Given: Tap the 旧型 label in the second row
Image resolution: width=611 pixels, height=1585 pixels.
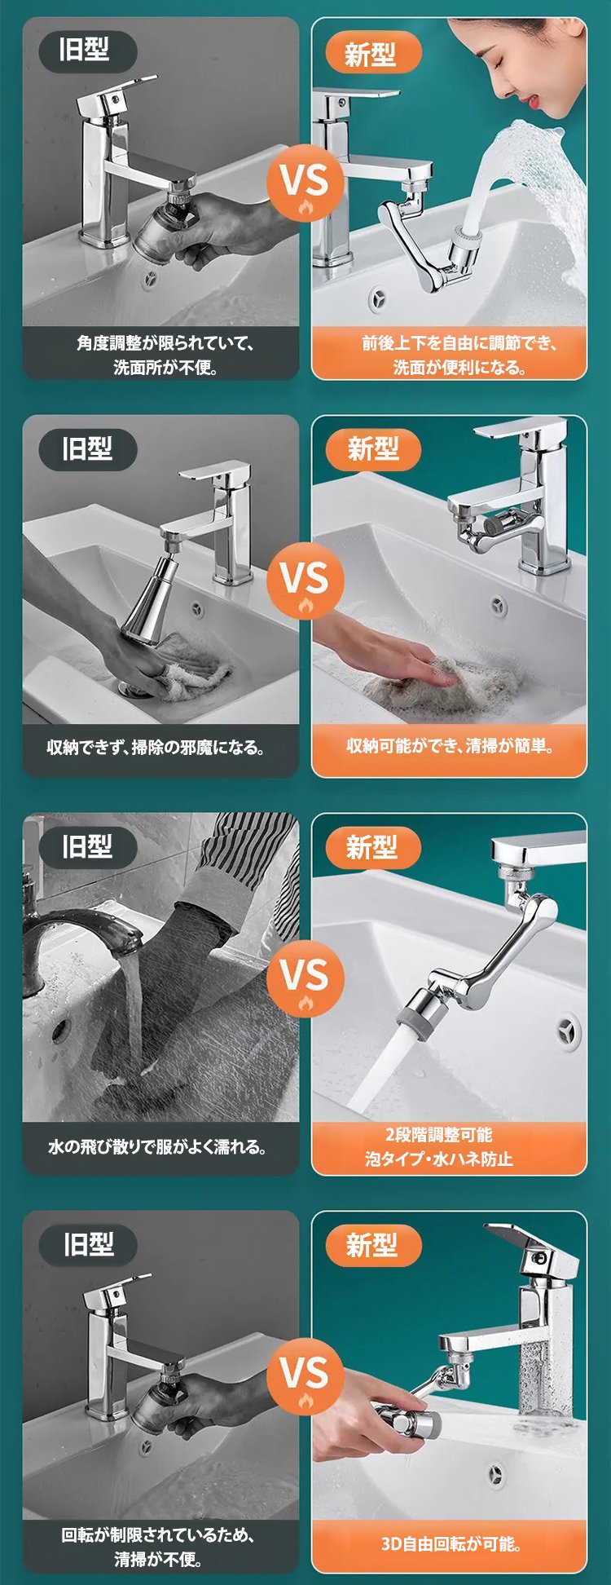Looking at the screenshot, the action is click(x=87, y=448).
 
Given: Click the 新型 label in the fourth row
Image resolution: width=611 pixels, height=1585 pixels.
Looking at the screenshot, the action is click(x=372, y=1245).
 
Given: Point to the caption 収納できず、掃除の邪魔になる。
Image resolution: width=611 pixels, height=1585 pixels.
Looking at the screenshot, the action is click(x=156, y=747).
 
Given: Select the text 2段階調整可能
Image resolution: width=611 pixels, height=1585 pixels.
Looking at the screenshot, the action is click(x=438, y=1134).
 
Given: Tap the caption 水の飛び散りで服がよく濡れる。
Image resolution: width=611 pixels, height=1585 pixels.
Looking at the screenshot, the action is click(x=157, y=1146).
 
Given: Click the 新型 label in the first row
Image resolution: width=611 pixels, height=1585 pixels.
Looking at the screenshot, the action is click(x=371, y=54).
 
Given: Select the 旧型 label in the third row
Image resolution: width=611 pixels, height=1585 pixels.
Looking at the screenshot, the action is click(x=87, y=846).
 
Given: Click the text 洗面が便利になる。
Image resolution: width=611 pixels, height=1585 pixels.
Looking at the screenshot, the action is click(x=459, y=367).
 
